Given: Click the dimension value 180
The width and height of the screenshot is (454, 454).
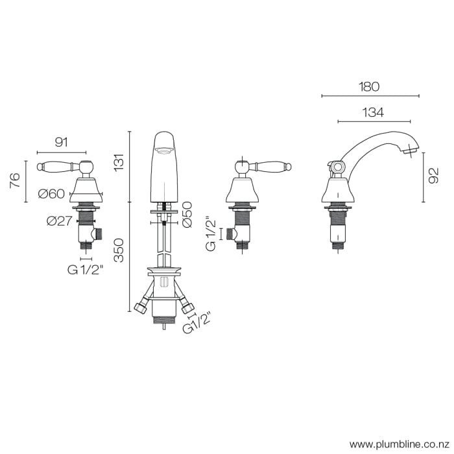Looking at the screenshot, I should pos(368,87).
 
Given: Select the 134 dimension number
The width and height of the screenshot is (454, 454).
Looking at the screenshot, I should pos(373,112).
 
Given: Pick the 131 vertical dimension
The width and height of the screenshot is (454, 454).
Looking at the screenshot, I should pos(119,162).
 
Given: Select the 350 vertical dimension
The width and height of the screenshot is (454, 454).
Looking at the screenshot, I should pos(119,250).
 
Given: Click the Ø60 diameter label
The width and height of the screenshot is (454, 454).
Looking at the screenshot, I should pos(51,193).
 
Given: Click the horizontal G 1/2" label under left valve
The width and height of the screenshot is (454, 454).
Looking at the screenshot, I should pos(86,270).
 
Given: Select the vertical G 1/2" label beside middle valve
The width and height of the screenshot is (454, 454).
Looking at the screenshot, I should pos(211,234).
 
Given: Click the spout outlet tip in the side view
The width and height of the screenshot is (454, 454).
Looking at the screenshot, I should pos(408,150).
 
